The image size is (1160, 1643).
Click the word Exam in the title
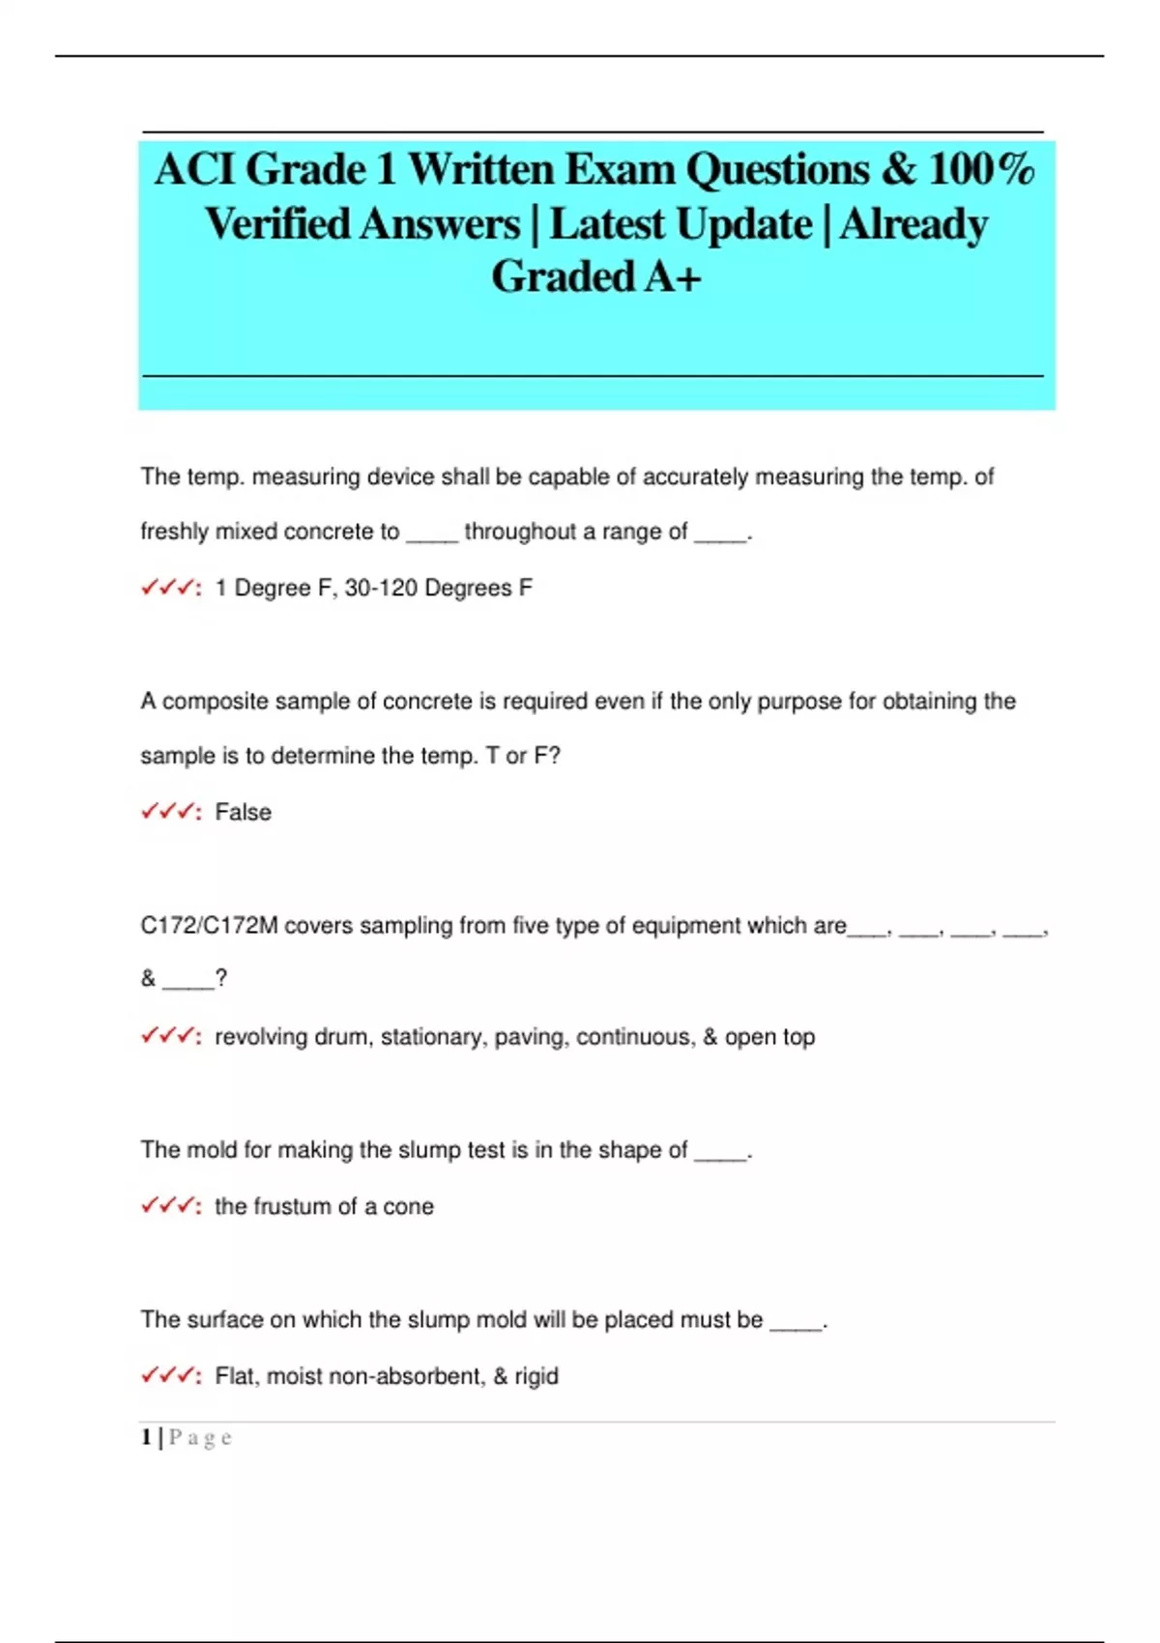click(x=619, y=170)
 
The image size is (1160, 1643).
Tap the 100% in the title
click(x=981, y=170)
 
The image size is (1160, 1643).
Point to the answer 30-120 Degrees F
click(x=438, y=588)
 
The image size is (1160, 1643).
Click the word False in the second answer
click(x=243, y=812)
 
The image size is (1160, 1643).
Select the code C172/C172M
click(x=209, y=926)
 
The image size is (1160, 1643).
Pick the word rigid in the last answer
click(x=536, y=1376)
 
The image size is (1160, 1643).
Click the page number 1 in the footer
click(x=146, y=1437)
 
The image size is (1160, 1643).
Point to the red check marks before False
click(x=168, y=811)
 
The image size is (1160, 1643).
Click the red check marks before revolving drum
click(x=168, y=1035)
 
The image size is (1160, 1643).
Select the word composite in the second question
click(x=212, y=702)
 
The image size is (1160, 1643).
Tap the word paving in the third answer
click(x=530, y=1037)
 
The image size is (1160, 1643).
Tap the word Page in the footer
click(x=200, y=1437)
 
